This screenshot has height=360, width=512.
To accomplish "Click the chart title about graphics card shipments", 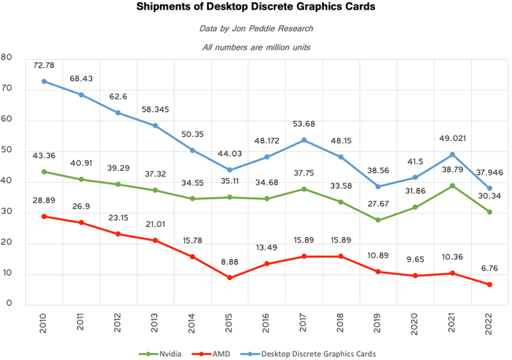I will tap(255, 9).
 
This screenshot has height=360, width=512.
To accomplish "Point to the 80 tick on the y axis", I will tap(7, 57).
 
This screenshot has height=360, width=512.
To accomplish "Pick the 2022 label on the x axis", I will tap(489, 325).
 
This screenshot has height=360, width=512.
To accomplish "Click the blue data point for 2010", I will tap(43, 81).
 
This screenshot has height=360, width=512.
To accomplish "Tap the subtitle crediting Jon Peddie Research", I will tap(255, 30).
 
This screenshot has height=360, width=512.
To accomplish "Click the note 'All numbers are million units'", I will tap(255, 46).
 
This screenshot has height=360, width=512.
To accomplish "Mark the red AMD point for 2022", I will tap(489, 284).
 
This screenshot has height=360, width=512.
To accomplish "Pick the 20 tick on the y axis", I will tap(7, 242).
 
